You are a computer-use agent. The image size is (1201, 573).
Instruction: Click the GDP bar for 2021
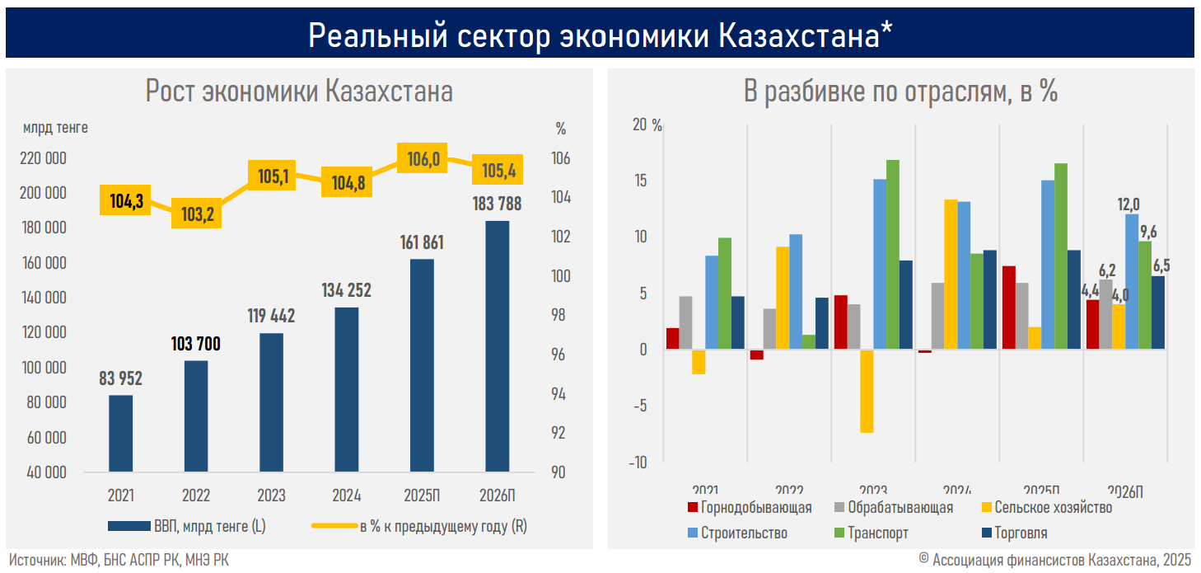tap(120, 434)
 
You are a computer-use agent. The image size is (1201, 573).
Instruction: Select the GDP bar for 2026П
tap(497, 346)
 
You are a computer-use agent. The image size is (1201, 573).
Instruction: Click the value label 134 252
tap(346, 290)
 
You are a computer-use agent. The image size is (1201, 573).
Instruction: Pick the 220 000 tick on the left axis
tap(43, 158)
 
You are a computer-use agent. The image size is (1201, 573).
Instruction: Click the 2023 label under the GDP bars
tap(271, 496)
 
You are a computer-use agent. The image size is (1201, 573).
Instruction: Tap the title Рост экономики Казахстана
tap(299, 91)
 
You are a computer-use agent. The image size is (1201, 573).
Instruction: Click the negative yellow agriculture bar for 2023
tap(867, 391)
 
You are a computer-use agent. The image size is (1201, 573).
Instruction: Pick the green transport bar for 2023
tap(892, 255)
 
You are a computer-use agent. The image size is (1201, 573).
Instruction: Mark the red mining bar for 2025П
tap(1009, 308)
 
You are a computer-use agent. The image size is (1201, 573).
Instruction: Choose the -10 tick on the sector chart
tap(638, 463)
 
